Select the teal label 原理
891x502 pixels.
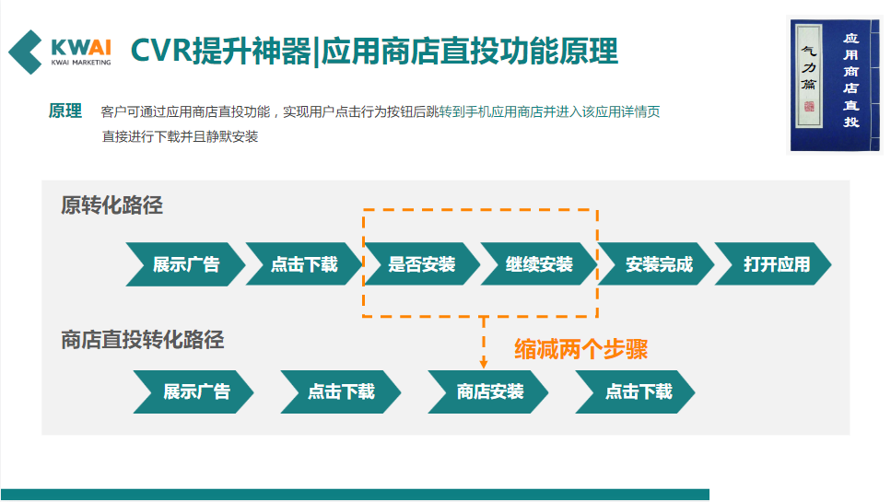coord(65,111)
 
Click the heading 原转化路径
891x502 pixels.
coord(111,205)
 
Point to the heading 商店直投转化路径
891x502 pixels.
coord(143,340)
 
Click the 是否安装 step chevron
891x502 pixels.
coord(422,264)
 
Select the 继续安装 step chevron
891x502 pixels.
coord(539,264)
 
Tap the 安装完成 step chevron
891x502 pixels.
coord(658,264)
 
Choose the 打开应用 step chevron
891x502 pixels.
coord(776,264)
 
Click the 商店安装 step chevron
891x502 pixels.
coord(489,391)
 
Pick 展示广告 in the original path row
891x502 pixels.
coord(186,264)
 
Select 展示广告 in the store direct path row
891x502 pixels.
coord(195,391)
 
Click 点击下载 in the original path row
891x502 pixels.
coord(304,264)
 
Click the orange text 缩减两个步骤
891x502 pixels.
coord(580,349)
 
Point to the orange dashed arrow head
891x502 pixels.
coord(484,364)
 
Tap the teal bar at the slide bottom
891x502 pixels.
coord(355,495)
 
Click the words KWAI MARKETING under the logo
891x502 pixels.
coord(81,63)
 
